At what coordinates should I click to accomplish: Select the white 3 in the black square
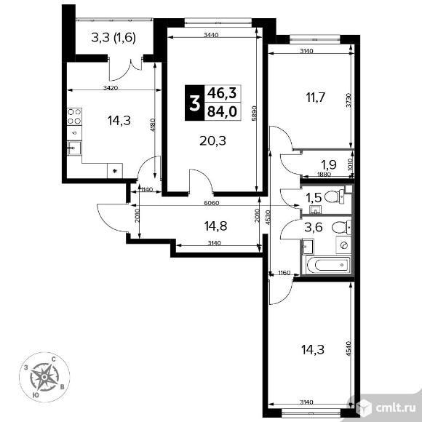pos(194,101)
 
